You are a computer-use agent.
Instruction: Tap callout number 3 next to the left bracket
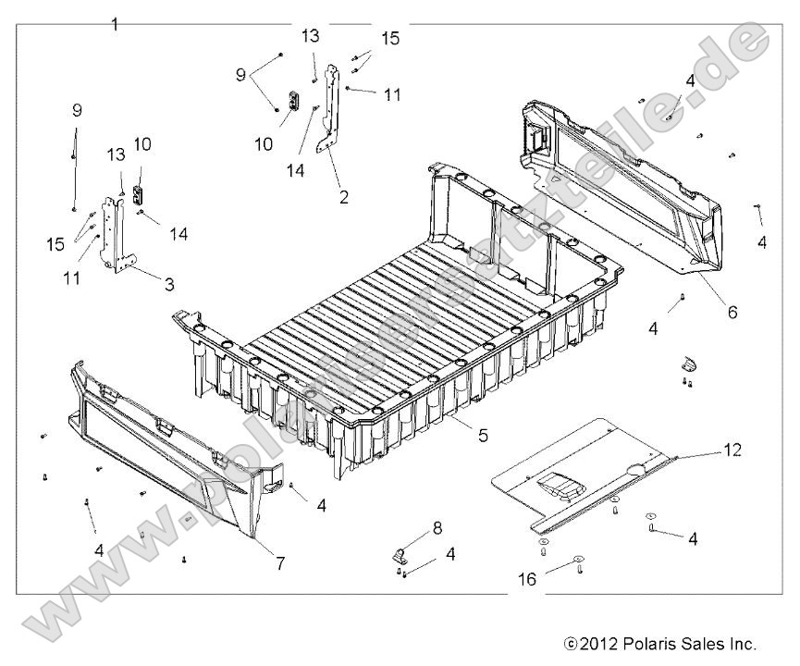[169, 284]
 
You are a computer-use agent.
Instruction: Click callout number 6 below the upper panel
[732, 312]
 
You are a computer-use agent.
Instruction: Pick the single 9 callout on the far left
[77, 110]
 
